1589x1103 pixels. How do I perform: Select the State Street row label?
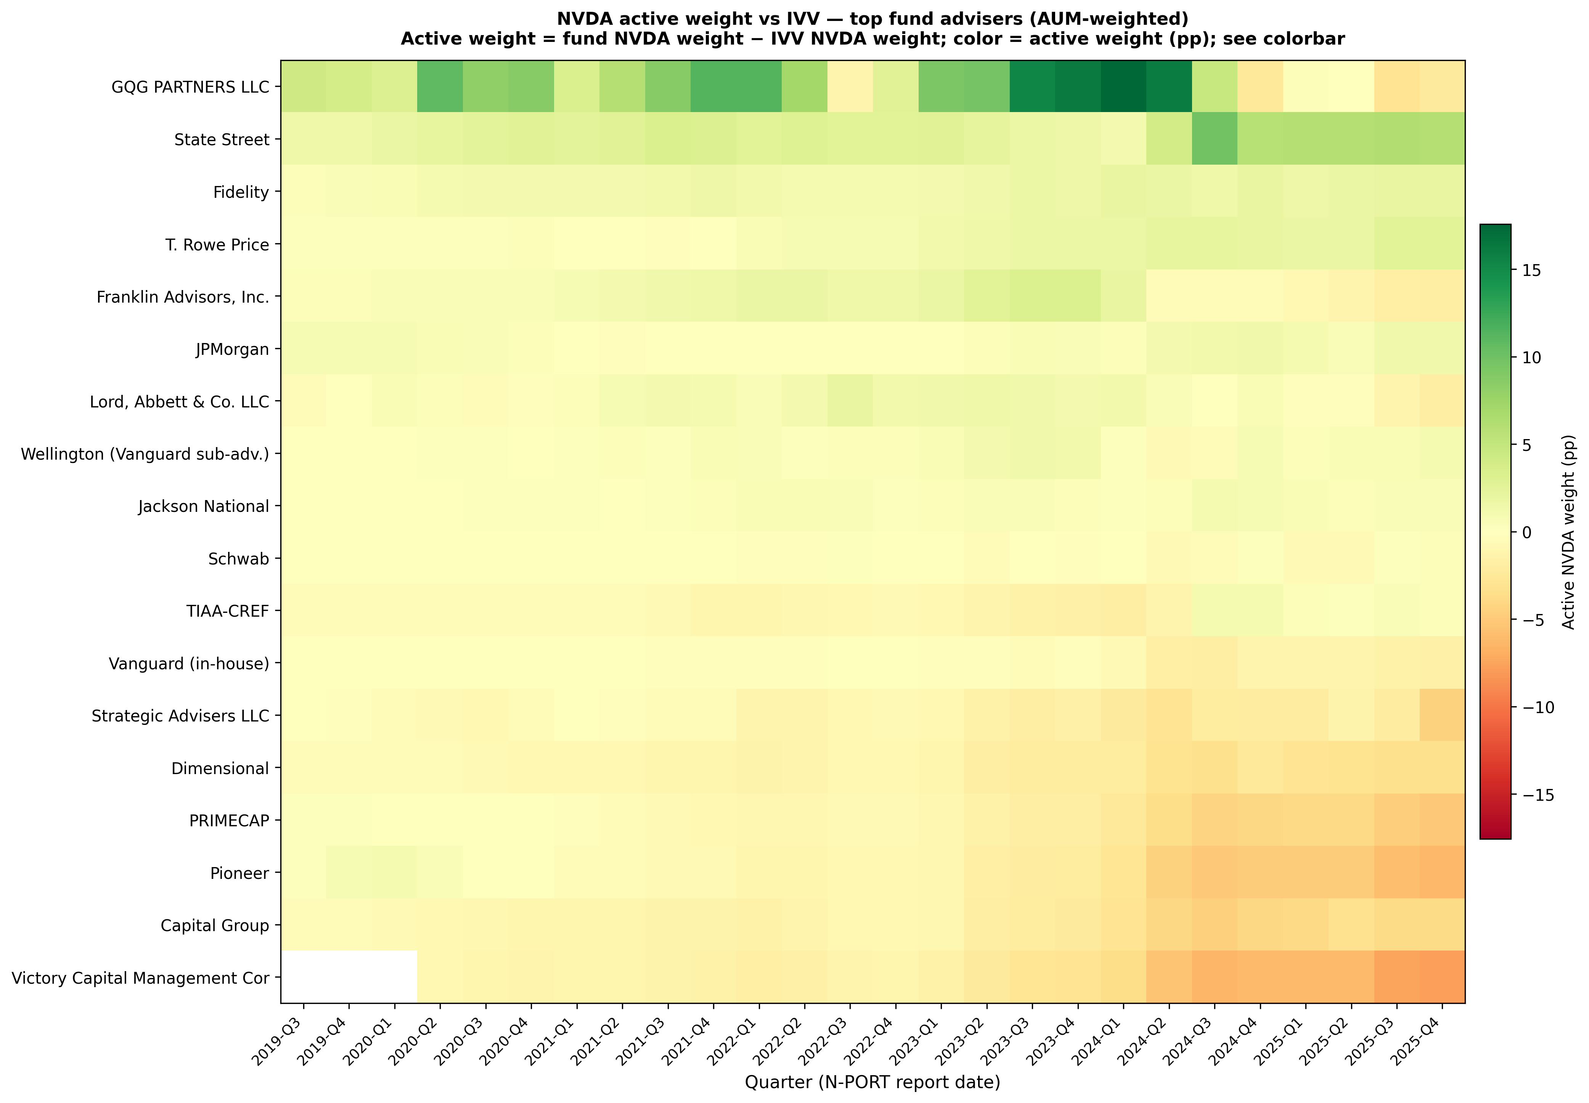pos(221,139)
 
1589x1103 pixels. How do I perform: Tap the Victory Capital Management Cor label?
pos(140,978)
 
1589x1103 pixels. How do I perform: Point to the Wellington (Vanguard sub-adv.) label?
pos(145,454)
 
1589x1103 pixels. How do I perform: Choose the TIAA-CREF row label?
pos(228,611)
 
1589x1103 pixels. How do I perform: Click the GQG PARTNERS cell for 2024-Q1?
pos(1123,87)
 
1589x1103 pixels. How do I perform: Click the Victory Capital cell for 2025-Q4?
pos(1442,976)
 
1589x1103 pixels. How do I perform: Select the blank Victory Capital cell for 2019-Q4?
pos(349,976)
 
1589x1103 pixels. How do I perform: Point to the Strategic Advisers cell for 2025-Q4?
pos(1442,715)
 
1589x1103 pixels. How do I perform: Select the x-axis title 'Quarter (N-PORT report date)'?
pos(872,1082)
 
